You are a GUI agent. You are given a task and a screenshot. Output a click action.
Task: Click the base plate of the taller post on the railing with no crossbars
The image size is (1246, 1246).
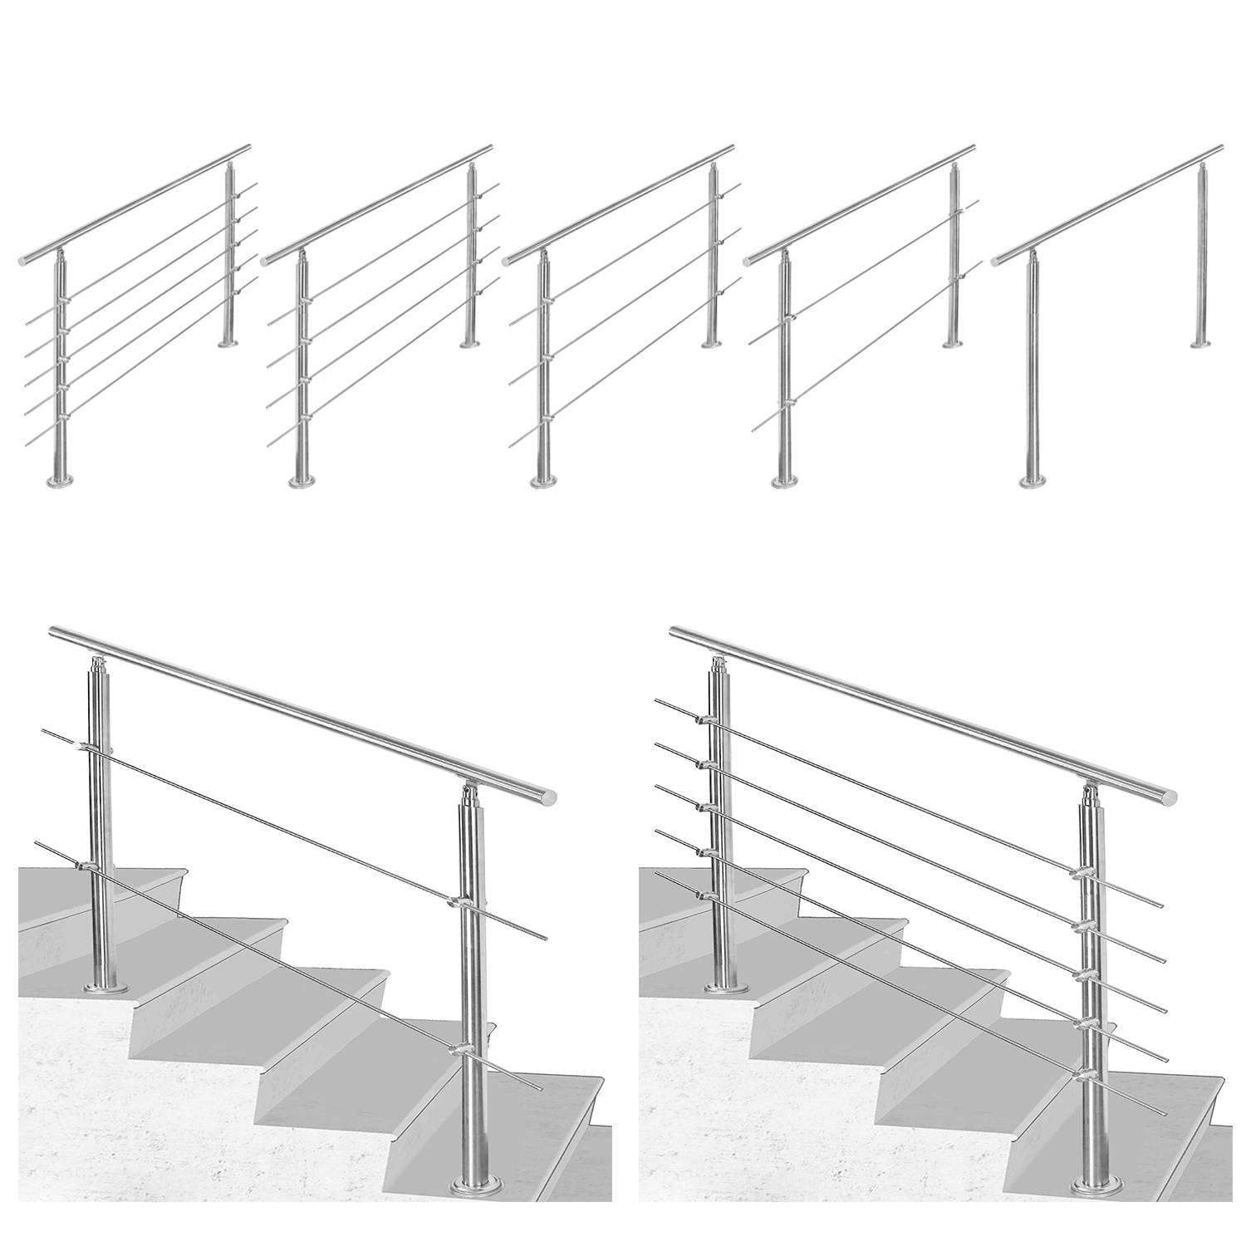click(x=1033, y=481)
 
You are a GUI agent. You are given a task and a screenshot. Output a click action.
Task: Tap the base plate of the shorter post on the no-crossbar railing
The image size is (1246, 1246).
click(x=1199, y=343)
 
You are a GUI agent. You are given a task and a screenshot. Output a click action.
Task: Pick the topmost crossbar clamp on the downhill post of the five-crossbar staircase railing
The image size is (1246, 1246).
click(x=1082, y=873)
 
